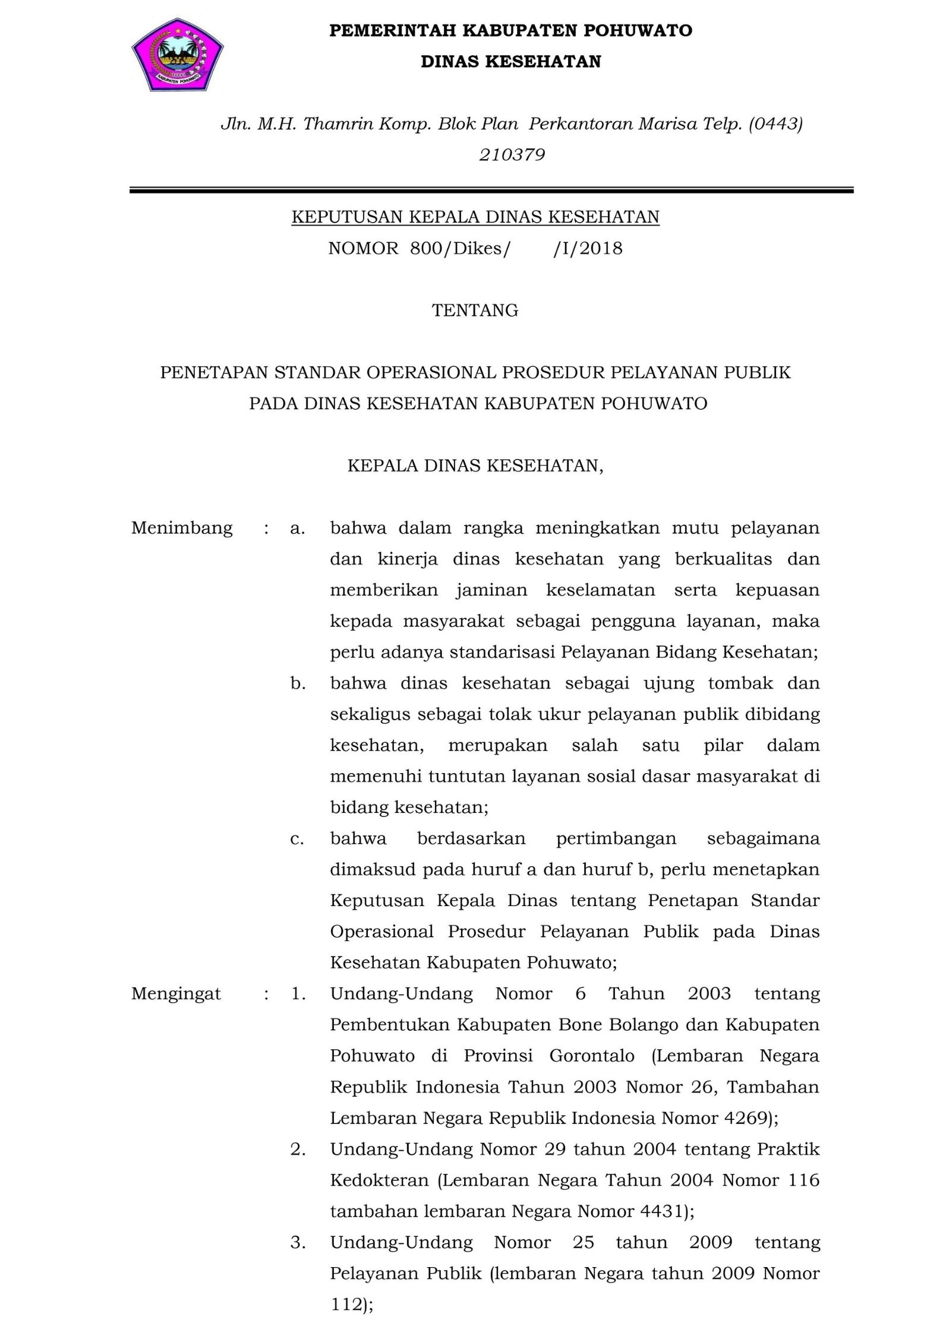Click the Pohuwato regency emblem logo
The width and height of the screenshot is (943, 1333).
click(177, 55)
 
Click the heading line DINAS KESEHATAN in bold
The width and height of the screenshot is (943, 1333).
click(511, 62)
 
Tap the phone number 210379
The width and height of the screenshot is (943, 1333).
click(512, 155)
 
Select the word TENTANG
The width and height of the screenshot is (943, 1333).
click(475, 311)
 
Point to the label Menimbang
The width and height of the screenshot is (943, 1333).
click(182, 528)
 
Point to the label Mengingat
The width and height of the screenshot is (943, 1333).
click(176, 994)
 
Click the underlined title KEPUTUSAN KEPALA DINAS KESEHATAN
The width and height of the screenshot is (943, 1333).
click(475, 217)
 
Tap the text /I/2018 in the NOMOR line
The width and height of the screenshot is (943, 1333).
click(588, 248)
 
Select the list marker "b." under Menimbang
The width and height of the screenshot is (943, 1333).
click(298, 683)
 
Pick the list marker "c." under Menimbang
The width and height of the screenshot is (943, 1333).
click(297, 839)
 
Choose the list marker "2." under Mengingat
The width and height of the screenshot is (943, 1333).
click(298, 1150)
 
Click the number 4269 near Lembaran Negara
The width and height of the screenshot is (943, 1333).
click(747, 1119)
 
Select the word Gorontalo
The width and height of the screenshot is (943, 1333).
click(592, 1056)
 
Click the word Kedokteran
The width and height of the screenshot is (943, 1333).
click(380, 1180)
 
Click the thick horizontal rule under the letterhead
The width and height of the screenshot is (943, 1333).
click(491, 191)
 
